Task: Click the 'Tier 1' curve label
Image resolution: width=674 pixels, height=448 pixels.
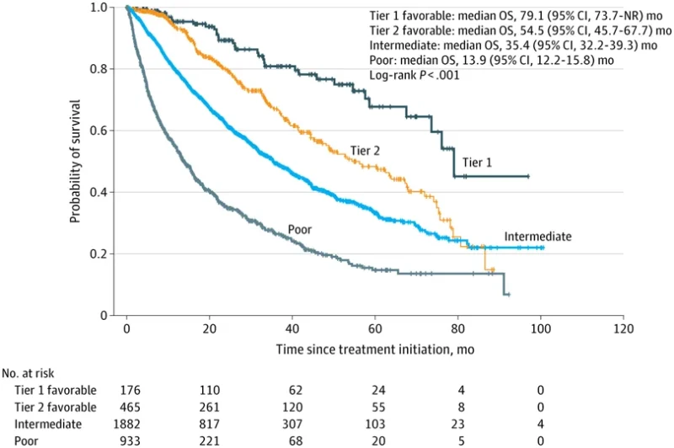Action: (478, 163)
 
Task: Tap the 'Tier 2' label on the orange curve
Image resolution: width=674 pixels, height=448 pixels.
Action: (365, 152)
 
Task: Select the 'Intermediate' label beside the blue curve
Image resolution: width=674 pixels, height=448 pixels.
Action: (538, 237)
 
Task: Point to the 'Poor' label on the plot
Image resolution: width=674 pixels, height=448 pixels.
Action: (301, 228)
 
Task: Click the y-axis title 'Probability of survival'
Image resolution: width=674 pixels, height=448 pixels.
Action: (75, 161)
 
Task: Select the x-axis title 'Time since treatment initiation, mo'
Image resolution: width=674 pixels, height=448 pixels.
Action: (374, 348)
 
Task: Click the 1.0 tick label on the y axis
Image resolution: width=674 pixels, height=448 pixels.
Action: (108, 8)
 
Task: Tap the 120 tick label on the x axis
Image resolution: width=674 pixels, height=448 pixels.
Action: (623, 328)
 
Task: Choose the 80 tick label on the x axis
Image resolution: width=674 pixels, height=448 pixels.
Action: (457, 328)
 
